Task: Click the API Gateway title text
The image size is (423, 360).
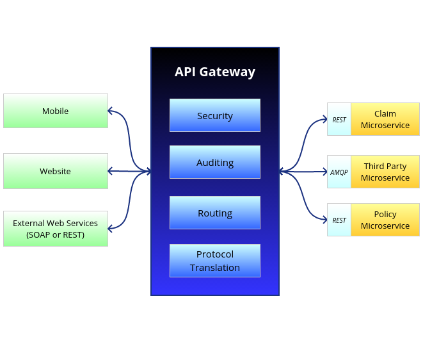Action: pos(215,72)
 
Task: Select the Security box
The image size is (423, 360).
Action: pos(215,115)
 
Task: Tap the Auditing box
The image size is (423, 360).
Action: pos(215,162)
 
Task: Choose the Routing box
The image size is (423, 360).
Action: pos(215,213)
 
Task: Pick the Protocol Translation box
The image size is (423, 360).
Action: pos(215,261)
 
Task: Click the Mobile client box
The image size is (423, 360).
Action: pos(56,111)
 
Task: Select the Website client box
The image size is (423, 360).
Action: pos(56,171)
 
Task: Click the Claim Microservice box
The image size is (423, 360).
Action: pos(385,119)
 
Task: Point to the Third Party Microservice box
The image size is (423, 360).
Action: pos(385,172)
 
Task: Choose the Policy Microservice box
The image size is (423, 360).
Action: pos(385,220)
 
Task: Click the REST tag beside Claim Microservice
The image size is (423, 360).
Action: pos(339,120)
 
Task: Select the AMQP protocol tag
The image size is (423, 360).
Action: pos(339,172)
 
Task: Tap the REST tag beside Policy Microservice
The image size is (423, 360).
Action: pos(339,220)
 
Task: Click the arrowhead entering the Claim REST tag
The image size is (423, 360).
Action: pos(324,119)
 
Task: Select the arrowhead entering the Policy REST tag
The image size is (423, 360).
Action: pos(324,220)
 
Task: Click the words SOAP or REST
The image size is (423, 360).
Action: pos(56,234)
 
